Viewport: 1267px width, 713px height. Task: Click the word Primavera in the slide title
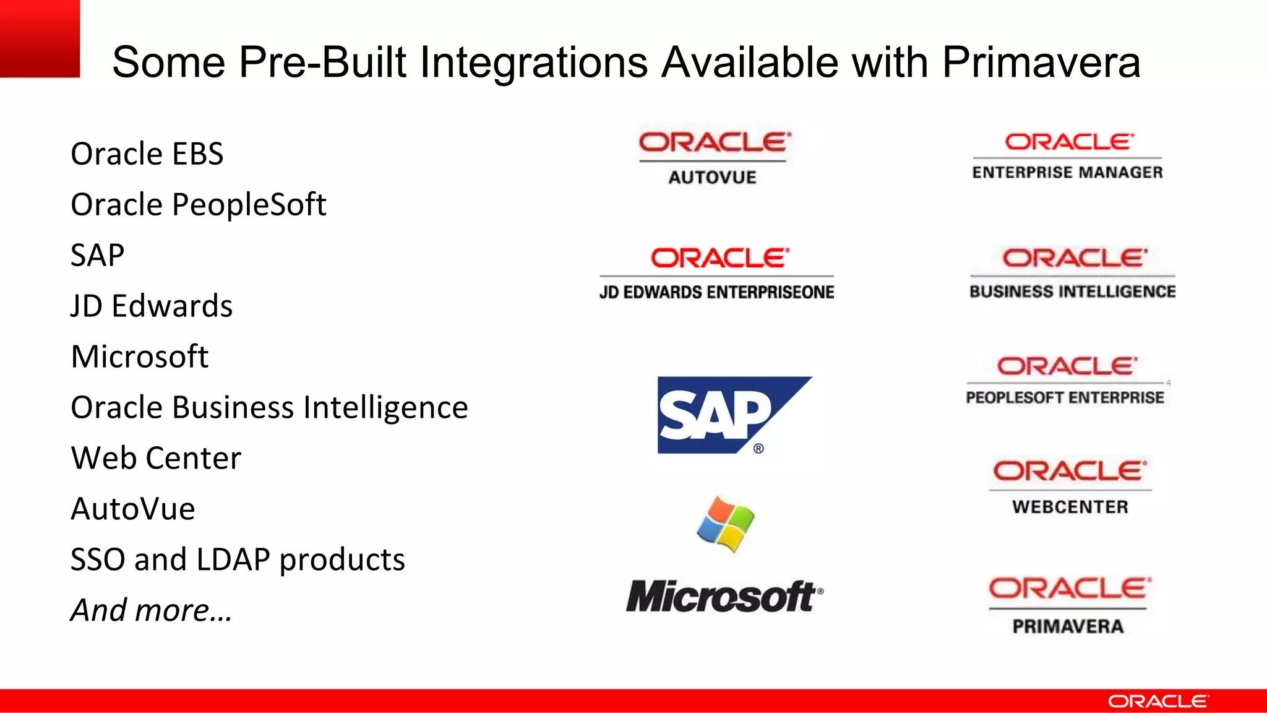click(x=1041, y=63)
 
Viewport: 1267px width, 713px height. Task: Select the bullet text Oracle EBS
click(x=147, y=153)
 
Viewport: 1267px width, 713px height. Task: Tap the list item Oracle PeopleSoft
click(x=198, y=205)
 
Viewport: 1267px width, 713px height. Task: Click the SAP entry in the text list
click(x=97, y=255)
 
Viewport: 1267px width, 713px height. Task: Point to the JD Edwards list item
click(x=152, y=306)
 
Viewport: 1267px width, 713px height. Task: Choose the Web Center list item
click(x=156, y=458)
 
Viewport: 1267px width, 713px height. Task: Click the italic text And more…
click(x=151, y=610)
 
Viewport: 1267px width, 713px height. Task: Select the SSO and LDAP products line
click(x=238, y=560)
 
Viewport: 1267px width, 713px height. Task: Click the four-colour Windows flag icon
click(x=725, y=524)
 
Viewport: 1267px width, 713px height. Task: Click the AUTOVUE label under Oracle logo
click(x=712, y=178)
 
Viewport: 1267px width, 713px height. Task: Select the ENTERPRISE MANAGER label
click(x=1067, y=172)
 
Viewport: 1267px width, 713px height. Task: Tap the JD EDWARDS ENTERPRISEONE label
click(x=716, y=292)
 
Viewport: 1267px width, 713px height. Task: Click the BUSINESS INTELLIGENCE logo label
click(x=1072, y=292)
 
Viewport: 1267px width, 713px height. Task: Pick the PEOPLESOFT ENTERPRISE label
click(x=1065, y=397)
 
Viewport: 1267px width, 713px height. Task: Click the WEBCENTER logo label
click(x=1070, y=507)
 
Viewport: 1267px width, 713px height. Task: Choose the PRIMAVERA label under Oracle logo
click(x=1068, y=626)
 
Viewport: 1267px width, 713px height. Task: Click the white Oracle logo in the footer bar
click(x=1157, y=701)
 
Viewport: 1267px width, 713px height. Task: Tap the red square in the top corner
click(x=40, y=38)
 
